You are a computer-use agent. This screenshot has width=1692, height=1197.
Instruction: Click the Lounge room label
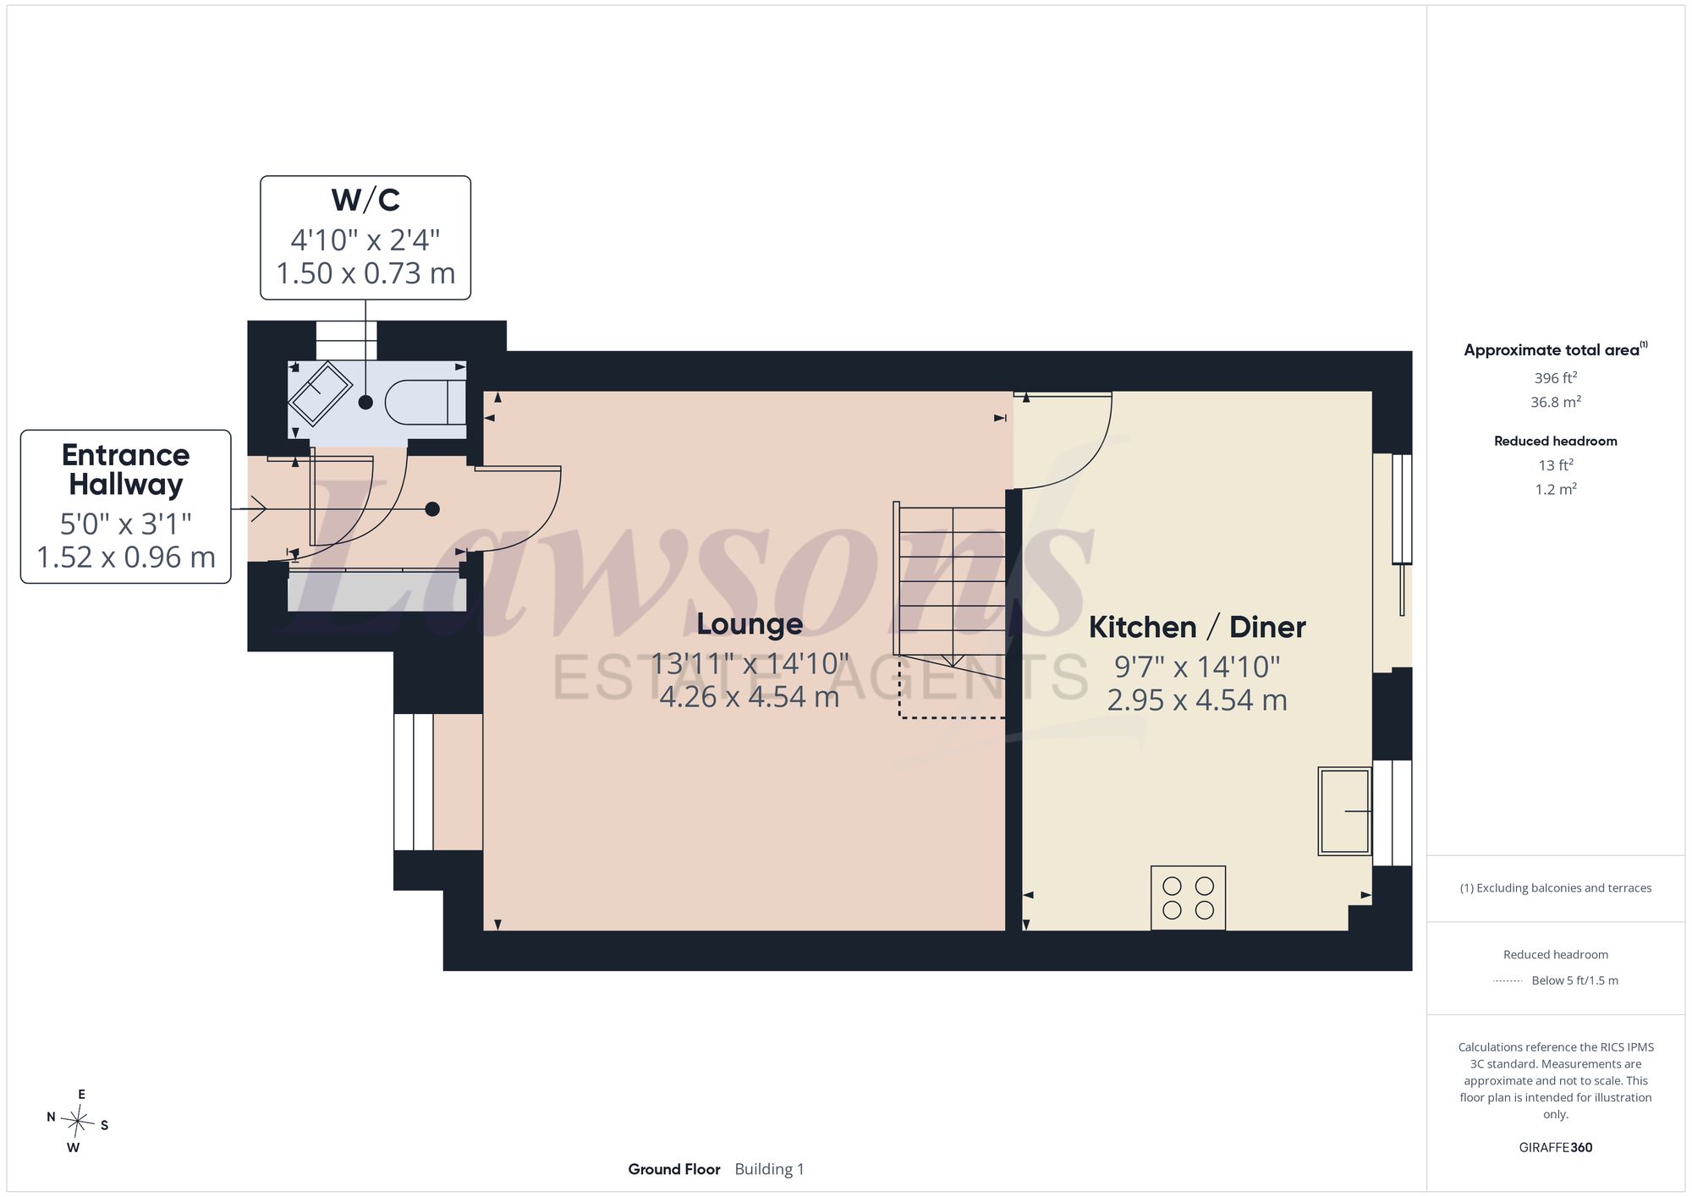point(750,624)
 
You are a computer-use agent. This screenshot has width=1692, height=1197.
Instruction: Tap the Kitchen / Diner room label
point(1197,627)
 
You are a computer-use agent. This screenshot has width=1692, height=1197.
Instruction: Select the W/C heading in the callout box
point(365,200)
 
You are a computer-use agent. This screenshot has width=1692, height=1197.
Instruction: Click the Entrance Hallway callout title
point(126,469)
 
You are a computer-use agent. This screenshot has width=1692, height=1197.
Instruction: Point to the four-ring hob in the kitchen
point(1188,898)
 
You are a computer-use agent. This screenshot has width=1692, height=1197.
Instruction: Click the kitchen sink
point(1344,811)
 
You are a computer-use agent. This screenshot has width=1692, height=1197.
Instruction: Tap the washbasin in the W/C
point(320,393)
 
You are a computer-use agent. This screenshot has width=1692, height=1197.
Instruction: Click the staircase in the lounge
point(951,609)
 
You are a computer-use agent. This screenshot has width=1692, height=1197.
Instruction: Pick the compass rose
point(77,1122)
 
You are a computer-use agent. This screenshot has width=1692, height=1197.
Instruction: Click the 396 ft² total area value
point(1555,378)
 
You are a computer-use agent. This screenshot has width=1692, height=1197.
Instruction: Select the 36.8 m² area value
point(1555,402)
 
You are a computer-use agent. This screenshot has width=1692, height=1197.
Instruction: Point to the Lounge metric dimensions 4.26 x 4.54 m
point(750,697)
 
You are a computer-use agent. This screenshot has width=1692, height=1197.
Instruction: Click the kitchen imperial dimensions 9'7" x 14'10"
point(1197,667)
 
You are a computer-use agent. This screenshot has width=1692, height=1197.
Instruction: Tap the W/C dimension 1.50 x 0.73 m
point(365,273)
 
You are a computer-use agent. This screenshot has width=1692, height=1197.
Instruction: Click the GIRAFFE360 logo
point(1555,1148)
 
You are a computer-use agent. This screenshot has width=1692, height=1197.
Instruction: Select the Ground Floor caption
point(674,1169)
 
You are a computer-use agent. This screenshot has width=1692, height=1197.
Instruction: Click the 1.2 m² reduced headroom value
point(1555,489)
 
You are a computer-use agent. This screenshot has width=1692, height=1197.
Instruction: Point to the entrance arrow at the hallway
point(253,509)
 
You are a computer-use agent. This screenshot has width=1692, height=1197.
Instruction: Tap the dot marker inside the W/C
point(365,403)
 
